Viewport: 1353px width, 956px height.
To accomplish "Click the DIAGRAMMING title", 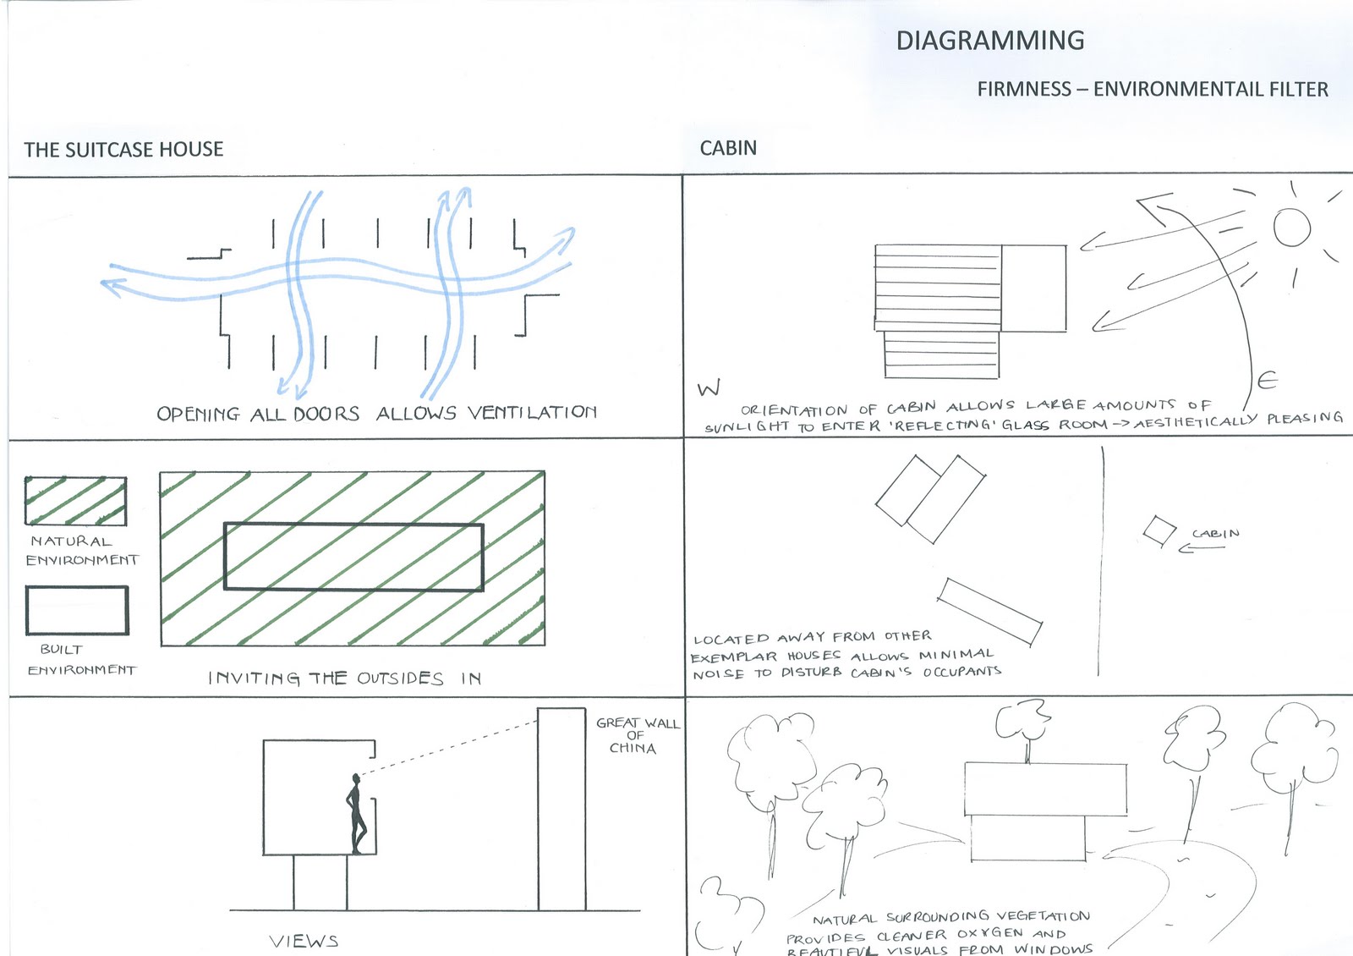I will (989, 41).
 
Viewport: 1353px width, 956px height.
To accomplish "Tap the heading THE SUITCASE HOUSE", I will (123, 150).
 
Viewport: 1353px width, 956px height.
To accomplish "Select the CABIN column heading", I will (728, 148).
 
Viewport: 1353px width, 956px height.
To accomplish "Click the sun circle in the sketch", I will (1291, 227).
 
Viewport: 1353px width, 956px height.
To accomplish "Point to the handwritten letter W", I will (709, 388).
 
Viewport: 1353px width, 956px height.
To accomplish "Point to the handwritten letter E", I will (1267, 382).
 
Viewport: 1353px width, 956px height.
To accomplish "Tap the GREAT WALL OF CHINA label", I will (637, 735).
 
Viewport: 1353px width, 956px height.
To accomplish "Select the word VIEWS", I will (304, 941).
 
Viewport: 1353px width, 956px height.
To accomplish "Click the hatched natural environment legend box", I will (75, 502).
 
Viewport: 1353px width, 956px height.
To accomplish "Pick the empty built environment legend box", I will (77, 610).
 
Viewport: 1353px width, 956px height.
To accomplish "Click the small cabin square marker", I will (1159, 531).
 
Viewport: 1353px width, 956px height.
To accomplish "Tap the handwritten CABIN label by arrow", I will (1215, 534).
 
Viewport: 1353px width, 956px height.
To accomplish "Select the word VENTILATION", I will (532, 412).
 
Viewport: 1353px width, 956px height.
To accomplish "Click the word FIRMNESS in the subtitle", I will (1023, 89).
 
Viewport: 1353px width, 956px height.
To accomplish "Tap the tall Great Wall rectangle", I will (561, 808).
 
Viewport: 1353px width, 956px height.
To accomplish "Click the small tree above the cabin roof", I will (1022, 724).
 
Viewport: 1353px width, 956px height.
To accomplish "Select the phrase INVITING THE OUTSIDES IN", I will (344, 679).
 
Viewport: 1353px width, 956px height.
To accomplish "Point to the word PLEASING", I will (1304, 418).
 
